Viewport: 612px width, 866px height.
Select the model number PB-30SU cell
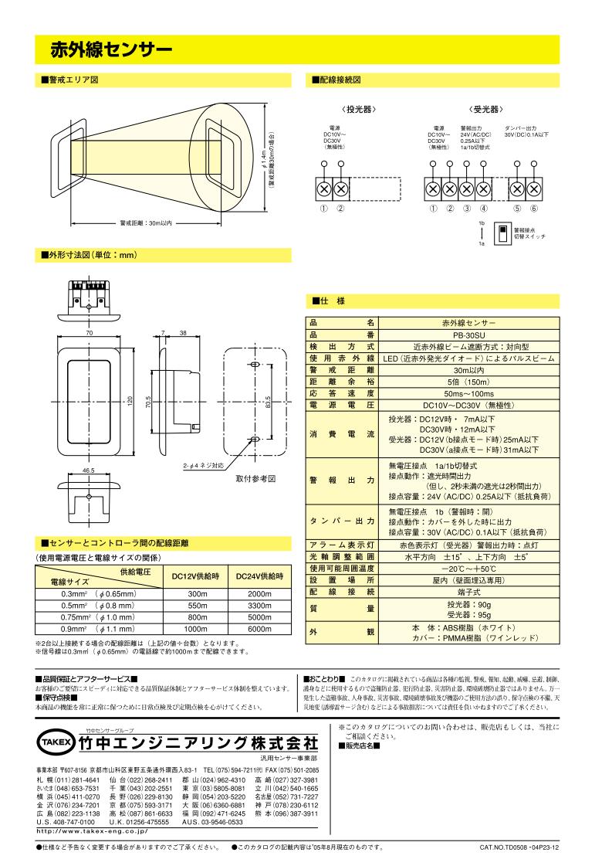coord(469,335)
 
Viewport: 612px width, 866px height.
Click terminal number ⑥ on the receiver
coord(533,208)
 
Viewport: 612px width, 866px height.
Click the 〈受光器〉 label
coord(484,109)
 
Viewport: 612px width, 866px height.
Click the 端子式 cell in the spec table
coord(469,591)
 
